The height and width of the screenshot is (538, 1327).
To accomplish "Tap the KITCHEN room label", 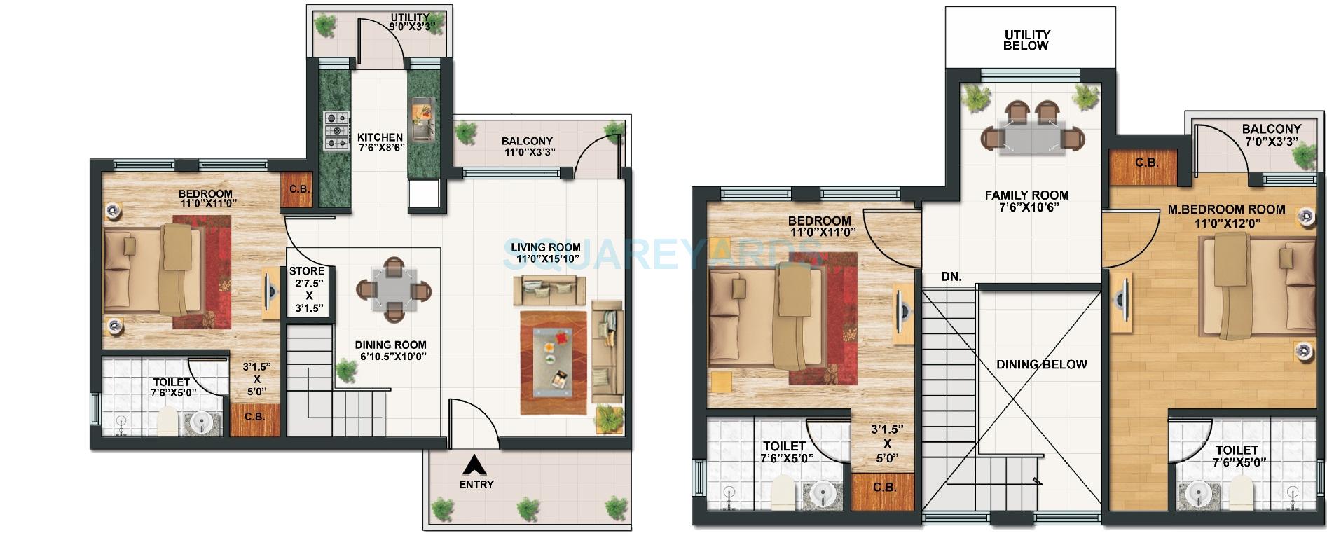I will click(x=380, y=137).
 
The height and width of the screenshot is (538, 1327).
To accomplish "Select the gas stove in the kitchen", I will click(x=336, y=131).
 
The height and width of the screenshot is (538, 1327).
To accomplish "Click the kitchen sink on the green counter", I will click(x=422, y=119).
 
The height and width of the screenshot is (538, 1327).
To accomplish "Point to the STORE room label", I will click(x=307, y=271).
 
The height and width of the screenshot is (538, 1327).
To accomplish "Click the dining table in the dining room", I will click(x=394, y=290).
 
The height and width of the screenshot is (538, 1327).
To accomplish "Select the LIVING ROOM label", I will click(x=545, y=247).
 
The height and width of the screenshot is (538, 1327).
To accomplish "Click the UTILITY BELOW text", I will click(x=1026, y=40).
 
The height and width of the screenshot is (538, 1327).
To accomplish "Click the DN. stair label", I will click(x=951, y=277).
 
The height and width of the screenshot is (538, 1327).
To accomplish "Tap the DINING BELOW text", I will click(x=1041, y=364).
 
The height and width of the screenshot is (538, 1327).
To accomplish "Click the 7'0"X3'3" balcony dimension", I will click(x=1271, y=141).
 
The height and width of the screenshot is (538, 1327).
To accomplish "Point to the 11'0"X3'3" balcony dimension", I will click(x=529, y=152).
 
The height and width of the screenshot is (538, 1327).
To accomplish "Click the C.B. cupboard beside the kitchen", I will click(x=296, y=188).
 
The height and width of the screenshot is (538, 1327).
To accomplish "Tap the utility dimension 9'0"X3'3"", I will click(x=413, y=27).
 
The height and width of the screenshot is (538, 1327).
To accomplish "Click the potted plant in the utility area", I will click(x=324, y=26).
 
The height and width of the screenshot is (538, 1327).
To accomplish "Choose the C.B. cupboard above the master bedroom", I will click(x=1146, y=163).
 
